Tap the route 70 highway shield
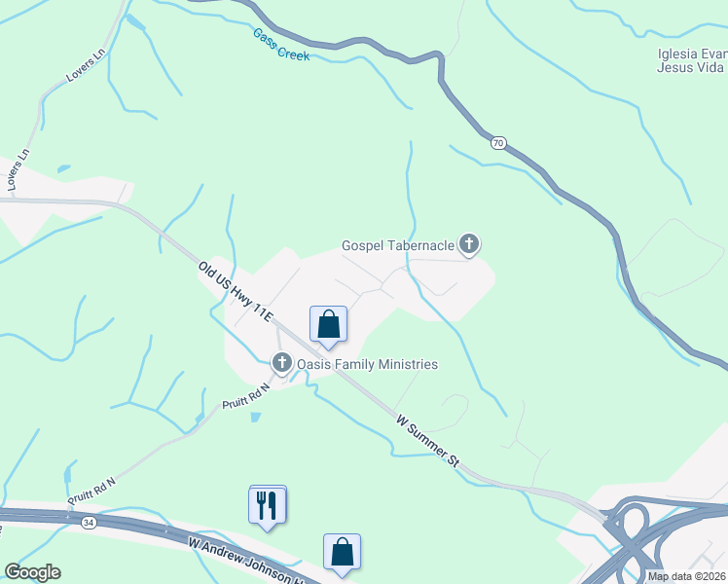coord(498,143)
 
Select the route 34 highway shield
coord(90,523)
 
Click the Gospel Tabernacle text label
coord(398,245)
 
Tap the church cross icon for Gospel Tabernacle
coord(469,244)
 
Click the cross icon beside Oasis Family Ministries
coord(282,364)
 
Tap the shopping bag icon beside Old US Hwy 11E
coord(328,323)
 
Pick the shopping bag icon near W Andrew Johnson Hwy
coord(343,552)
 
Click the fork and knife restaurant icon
coord(268,504)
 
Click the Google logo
coord(32,572)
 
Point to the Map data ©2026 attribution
coord(687,576)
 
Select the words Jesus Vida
coord(691,68)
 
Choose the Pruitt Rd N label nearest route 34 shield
coord(91,490)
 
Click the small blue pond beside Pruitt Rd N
coord(255,417)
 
